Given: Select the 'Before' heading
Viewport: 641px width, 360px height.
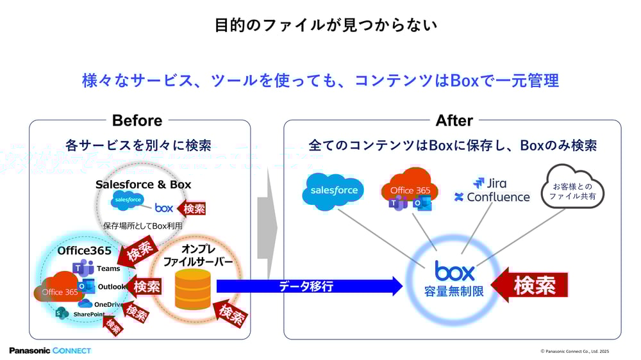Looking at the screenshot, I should coord(137,120).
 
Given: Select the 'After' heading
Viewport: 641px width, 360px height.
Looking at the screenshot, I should coord(454,120).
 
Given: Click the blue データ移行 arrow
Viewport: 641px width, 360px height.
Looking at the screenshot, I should coord(308,286).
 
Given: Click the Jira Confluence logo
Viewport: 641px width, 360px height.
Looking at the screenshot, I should coord(492,191).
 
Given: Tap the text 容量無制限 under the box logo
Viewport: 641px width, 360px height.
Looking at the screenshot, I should coord(454,291).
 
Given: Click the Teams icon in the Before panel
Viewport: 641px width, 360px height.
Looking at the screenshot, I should coord(83,268).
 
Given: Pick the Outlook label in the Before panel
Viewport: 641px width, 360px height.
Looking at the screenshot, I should coord(112,286).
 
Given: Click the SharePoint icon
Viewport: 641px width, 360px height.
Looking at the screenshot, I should coord(62,313).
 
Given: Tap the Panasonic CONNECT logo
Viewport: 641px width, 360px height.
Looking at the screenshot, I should coord(50,350).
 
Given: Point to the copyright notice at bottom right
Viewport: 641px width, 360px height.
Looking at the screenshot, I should coord(574,351).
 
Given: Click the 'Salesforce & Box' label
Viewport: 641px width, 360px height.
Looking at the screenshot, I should coord(143,184).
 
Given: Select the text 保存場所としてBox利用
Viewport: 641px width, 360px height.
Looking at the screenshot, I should coord(143,225).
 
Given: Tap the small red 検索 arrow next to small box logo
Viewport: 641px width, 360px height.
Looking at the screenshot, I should coord(192,208).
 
